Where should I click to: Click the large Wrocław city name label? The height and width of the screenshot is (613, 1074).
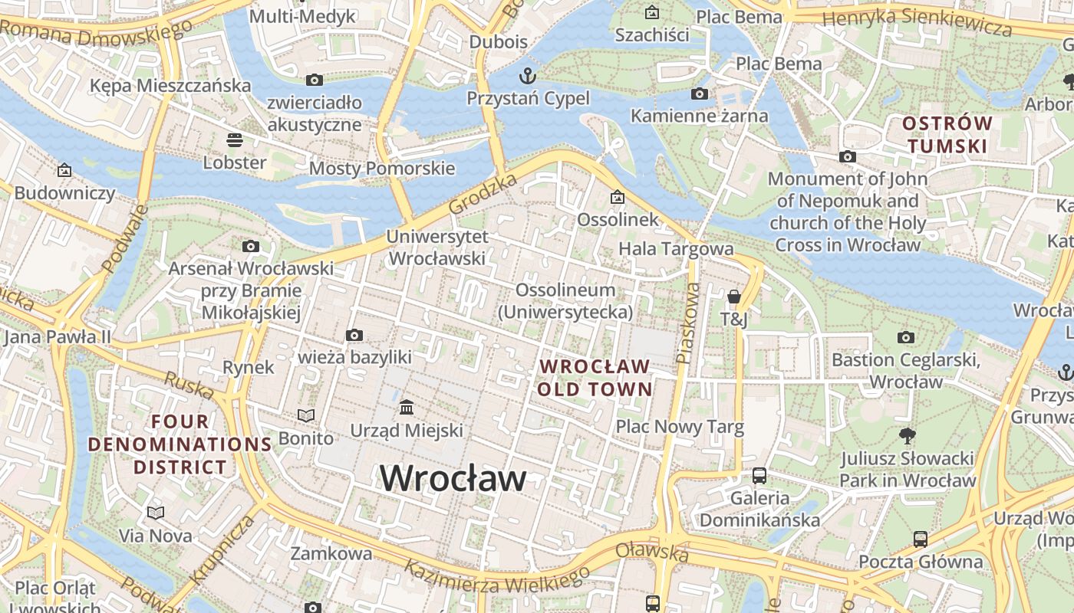click(x=453, y=479)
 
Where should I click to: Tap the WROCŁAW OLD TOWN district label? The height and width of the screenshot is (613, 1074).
click(x=595, y=378)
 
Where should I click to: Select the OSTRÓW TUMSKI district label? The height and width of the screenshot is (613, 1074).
click(x=947, y=134)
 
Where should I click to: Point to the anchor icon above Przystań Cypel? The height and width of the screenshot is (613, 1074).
click(x=527, y=76)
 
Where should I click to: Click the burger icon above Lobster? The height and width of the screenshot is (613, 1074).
click(x=234, y=140)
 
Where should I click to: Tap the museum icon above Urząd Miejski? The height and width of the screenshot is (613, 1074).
click(x=407, y=406)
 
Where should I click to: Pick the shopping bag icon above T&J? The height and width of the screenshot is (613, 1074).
click(x=733, y=297)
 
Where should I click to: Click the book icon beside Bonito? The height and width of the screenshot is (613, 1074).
click(x=306, y=415)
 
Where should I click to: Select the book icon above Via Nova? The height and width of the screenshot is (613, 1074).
click(x=156, y=513)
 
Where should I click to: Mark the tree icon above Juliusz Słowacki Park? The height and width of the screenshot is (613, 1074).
click(x=908, y=436)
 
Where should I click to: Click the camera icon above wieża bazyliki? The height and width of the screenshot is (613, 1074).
click(x=354, y=335)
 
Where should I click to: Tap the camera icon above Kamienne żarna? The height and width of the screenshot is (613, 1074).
click(x=699, y=93)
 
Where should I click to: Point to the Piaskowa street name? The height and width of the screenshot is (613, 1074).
click(x=687, y=323)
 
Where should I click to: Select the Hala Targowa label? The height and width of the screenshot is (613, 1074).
click(x=676, y=248)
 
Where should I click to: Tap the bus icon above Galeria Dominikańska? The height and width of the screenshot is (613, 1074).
click(x=759, y=475)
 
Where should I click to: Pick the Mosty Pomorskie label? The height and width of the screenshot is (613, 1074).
click(x=381, y=168)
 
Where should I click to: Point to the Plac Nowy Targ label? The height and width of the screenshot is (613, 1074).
click(x=680, y=427)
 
